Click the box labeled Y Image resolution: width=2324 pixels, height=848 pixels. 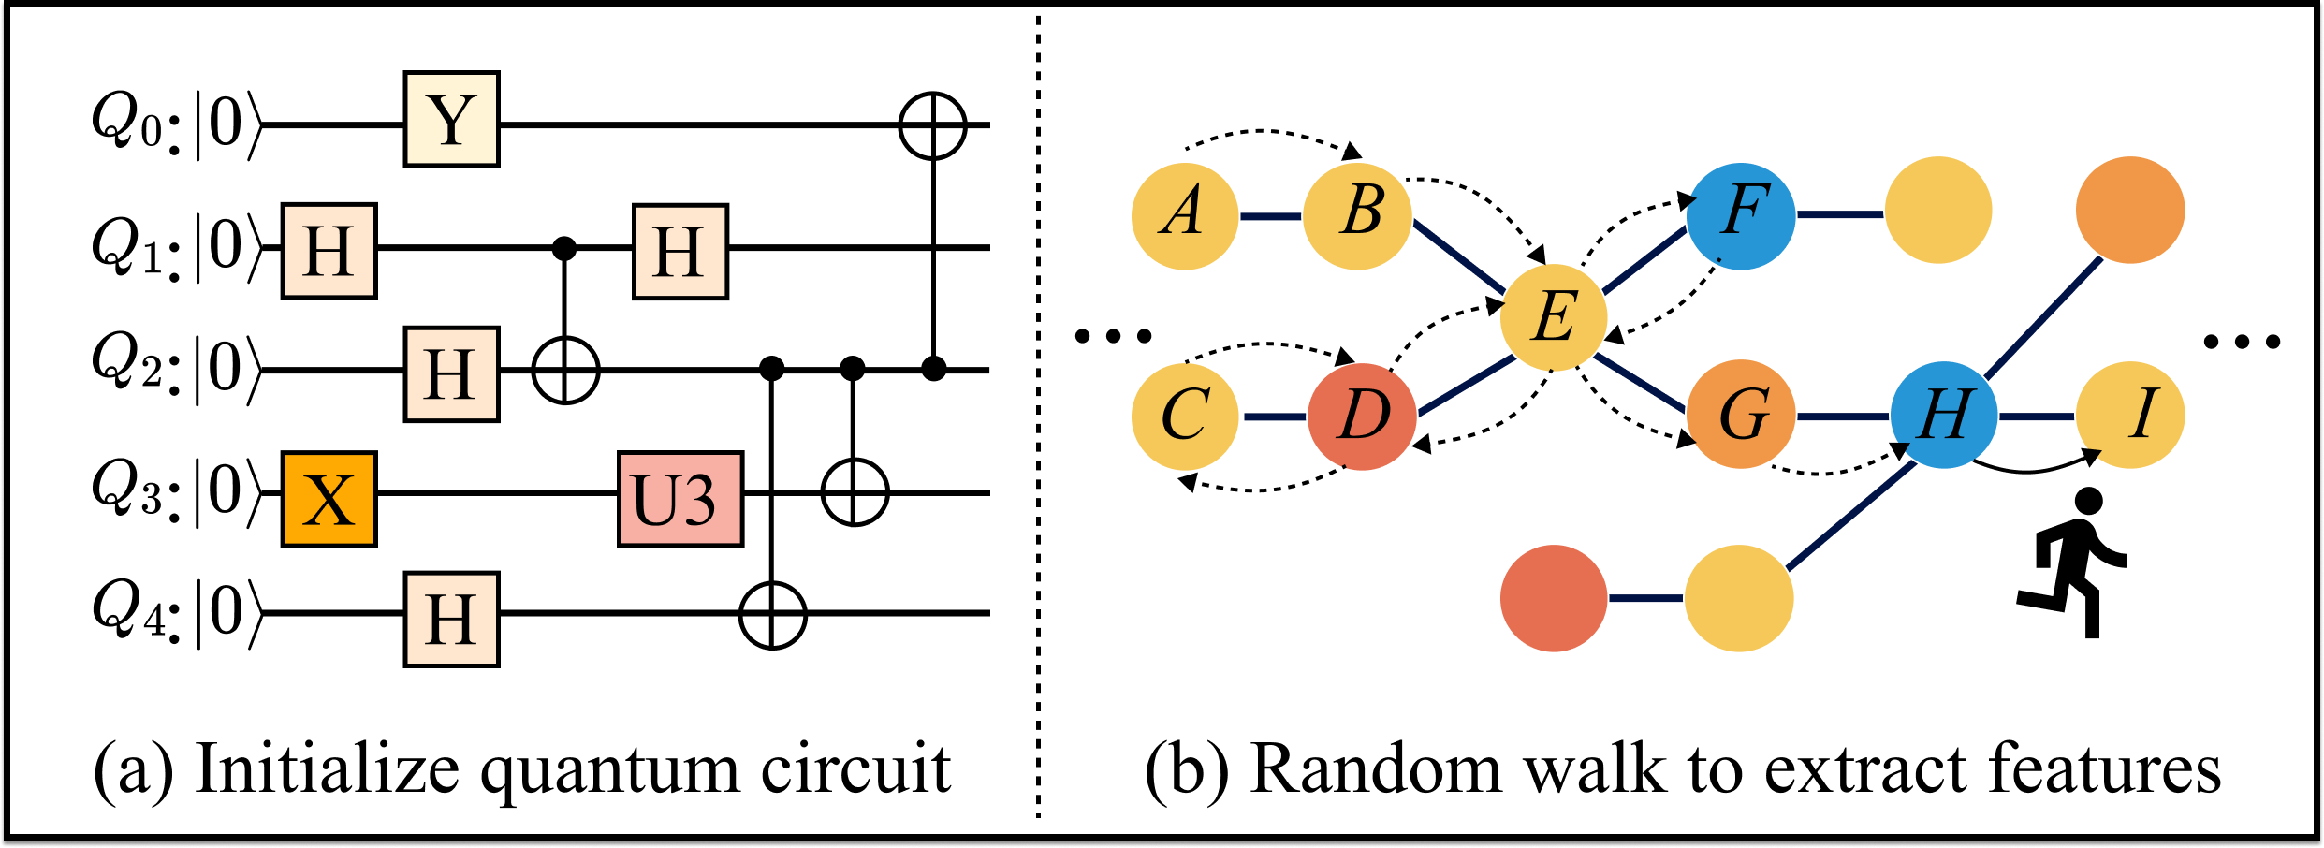(451, 119)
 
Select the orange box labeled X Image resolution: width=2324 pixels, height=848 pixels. (329, 499)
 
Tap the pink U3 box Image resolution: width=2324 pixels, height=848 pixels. (680, 499)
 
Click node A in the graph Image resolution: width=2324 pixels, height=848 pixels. (1185, 216)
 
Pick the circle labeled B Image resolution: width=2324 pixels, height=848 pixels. (1357, 216)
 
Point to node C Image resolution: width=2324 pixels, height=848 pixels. (1185, 417)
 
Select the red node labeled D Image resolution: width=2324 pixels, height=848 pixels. (1362, 417)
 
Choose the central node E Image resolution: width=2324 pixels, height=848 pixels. (1554, 317)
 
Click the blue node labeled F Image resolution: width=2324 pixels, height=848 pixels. (1741, 215)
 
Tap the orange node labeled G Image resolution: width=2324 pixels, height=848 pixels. (1741, 415)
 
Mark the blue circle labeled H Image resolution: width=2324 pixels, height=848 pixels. (1944, 415)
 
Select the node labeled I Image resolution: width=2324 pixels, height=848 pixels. (2130, 415)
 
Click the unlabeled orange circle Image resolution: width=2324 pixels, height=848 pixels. (2130, 210)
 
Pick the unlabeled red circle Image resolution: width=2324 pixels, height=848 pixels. (1554, 598)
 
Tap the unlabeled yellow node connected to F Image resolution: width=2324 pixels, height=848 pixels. (1938, 211)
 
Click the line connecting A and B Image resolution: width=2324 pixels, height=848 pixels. (1271, 216)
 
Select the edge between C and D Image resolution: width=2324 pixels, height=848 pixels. (1273, 417)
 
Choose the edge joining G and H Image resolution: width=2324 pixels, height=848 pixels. (1842, 417)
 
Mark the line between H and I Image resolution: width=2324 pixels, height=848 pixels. (2037, 417)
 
